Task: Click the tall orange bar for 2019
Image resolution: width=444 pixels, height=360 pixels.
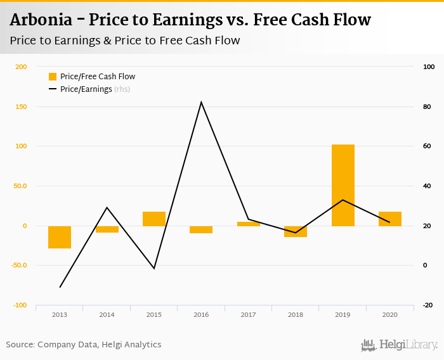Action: [x=343, y=185]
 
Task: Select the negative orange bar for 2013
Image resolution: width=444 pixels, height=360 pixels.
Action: [x=60, y=237]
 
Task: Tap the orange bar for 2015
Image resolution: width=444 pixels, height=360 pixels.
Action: [x=154, y=219]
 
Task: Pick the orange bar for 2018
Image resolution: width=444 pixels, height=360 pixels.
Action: [x=296, y=231]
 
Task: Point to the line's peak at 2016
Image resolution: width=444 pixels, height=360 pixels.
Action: [x=201, y=102]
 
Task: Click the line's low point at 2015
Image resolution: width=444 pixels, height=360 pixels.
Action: [x=153, y=268]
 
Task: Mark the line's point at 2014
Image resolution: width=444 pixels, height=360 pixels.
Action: [x=107, y=207]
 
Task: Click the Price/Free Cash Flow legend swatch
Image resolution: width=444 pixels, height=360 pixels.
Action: [x=53, y=77]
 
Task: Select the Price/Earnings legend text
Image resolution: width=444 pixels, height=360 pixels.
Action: [x=86, y=89]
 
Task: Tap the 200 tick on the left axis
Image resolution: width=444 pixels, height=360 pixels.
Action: [x=21, y=67]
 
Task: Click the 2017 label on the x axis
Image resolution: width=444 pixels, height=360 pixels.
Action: [x=248, y=314]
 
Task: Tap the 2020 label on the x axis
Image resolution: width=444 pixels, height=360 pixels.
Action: [x=390, y=314]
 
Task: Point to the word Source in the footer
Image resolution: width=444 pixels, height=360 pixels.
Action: [x=20, y=345]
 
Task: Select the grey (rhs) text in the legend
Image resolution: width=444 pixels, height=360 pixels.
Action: [x=122, y=89]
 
